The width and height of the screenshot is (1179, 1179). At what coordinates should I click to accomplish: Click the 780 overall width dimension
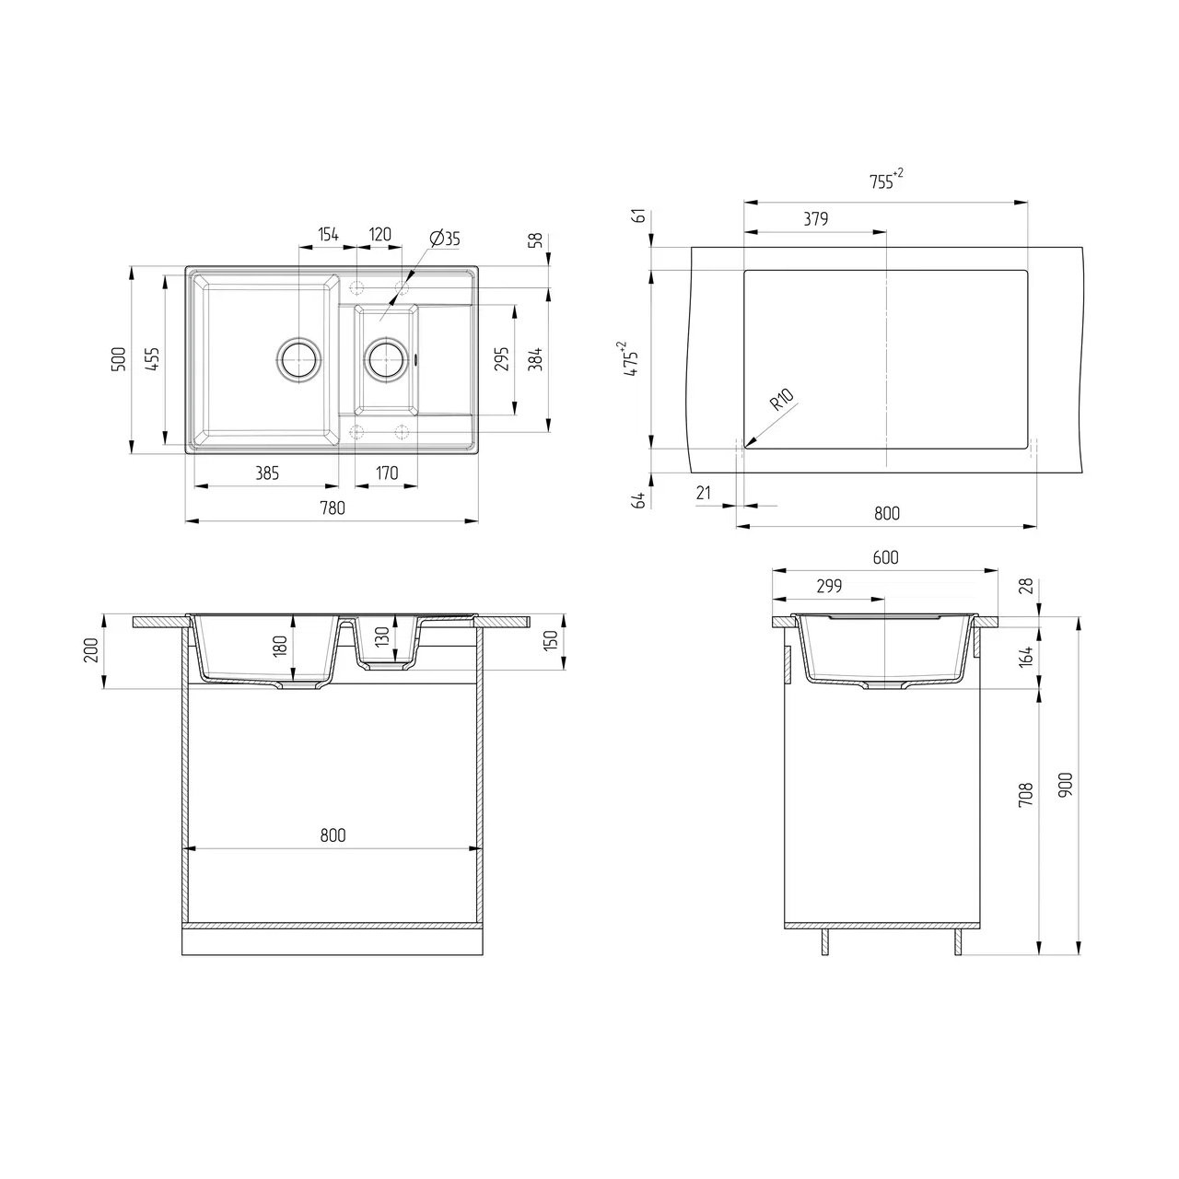pyautogui.click(x=333, y=508)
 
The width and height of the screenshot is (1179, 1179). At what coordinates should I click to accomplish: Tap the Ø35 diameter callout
pyautogui.click(x=445, y=239)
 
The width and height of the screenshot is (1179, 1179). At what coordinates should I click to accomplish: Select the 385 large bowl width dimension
pyautogui.click(x=267, y=473)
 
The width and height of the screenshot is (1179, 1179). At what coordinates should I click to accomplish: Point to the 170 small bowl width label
pyautogui.click(x=387, y=473)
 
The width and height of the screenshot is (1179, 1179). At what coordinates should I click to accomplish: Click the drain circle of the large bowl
pyautogui.click(x=298, y=358)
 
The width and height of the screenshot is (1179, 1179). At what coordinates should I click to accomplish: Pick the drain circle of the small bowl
pyautogui.click(x=386, y=358)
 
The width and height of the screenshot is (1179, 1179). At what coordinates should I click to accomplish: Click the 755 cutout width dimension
pyautogui.click(x=885, y=181)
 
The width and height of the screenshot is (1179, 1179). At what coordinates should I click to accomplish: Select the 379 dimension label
pyautogui.click(x=815, y=218)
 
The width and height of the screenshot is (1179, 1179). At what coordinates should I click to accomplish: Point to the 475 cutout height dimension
pyautogui.click(x=631, y=358)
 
